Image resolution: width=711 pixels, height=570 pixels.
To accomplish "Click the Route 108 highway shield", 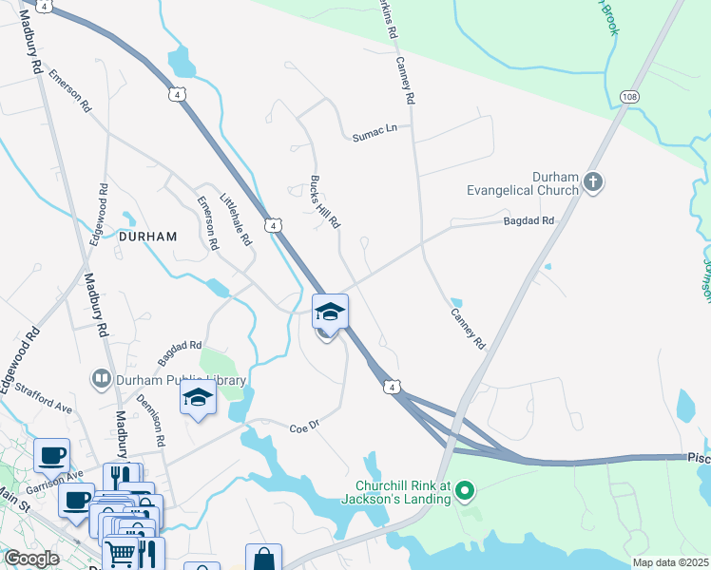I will tap(628, 97).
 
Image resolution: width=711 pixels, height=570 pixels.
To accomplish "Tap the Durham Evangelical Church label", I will tap(523, 183).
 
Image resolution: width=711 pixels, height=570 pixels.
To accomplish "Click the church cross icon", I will tap(593, 181).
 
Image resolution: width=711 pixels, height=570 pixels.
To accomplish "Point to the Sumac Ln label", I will tap(374, 128).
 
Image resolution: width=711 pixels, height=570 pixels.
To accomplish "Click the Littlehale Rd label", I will tap(238, 220).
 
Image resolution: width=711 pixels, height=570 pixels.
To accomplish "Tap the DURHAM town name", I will tap(148, 237).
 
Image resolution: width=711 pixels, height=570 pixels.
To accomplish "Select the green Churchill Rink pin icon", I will tap(465, 491).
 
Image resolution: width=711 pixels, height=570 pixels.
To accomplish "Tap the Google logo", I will tap(30, 559).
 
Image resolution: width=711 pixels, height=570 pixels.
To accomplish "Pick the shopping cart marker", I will tap(121, 552).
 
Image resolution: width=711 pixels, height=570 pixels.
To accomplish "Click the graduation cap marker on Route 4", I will tap(330, 311).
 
